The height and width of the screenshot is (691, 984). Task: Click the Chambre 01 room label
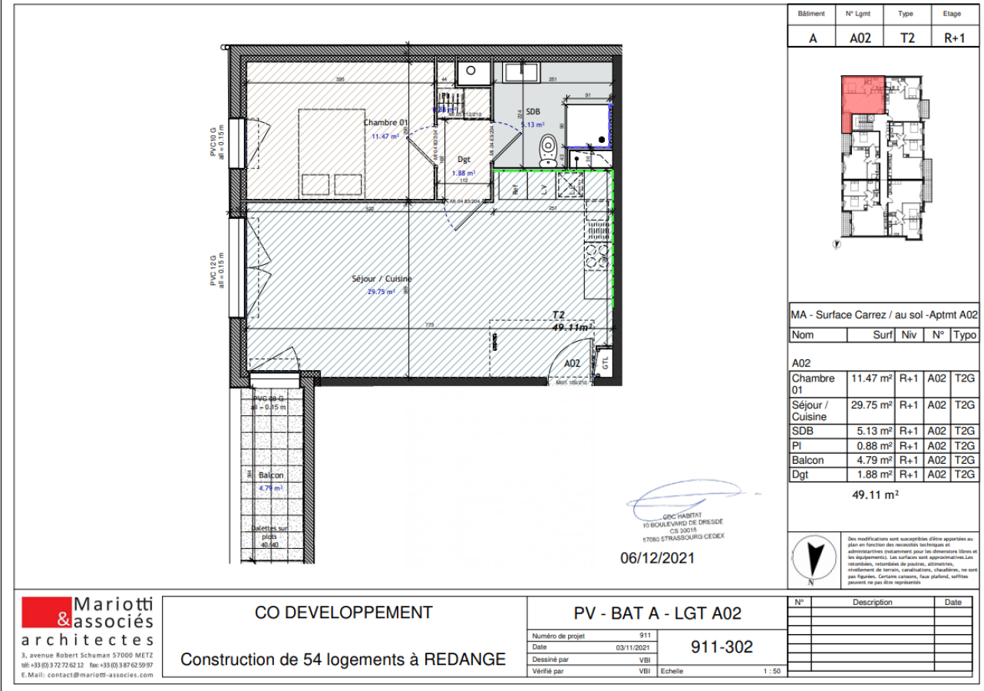coord(385,123)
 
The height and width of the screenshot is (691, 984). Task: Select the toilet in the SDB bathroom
coord(548,150)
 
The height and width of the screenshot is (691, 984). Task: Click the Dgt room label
coord(464,160)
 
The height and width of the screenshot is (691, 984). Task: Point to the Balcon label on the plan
coord(271,475)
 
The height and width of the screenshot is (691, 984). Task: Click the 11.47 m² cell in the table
coord(870,379)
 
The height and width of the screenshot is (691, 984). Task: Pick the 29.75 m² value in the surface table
coord(870,405)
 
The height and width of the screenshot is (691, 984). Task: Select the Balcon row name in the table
coord(807,460)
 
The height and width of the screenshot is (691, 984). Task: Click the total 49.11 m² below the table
coord(875,495)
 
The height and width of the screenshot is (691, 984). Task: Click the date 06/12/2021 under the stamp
coord(657,558)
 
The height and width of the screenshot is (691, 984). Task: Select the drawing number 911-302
coord(722,647)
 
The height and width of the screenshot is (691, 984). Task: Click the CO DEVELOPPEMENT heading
coord(343,613)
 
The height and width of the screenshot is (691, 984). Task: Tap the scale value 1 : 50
coord(771,671)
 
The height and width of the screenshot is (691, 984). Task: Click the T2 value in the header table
coord(907,38)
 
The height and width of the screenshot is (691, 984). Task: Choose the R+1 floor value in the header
coord(953,38)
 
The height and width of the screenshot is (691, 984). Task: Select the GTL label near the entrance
coord(605,362)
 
